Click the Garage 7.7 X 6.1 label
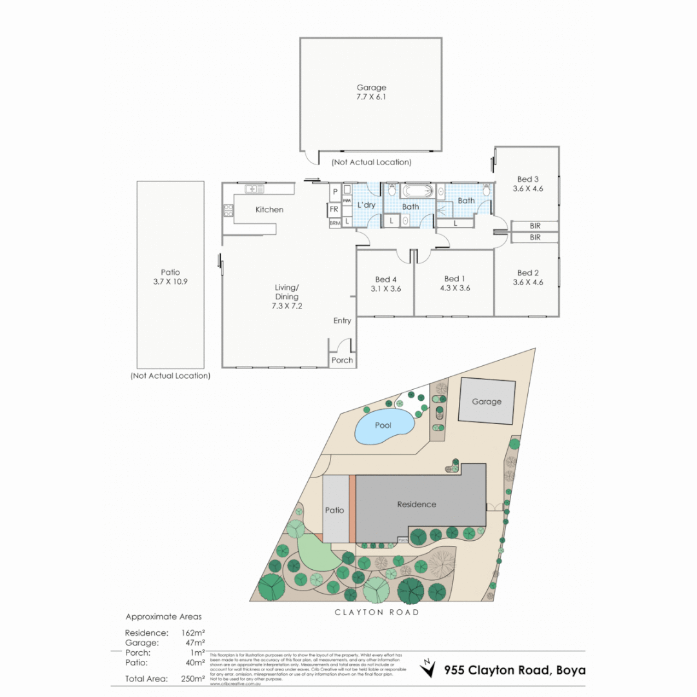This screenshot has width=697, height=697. pos(371,92)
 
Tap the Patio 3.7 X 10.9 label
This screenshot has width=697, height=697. pos(170,277)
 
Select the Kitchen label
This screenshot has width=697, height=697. pos(269,210)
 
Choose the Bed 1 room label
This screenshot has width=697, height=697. pos(454,284)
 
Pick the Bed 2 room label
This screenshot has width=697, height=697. pos(527,278)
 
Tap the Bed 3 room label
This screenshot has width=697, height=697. pos(527,184)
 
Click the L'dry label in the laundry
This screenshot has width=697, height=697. pos(366,205)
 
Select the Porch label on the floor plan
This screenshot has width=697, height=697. pos(342,360)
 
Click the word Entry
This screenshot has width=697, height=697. pos(342,321)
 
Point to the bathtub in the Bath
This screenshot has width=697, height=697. pos(419,192)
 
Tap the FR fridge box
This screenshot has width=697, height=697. pos(334,210)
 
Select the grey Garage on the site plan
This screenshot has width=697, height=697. pos(487,401)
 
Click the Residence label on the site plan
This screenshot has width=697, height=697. pos(416,504)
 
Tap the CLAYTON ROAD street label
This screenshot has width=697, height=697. pos(376,612)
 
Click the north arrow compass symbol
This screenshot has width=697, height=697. pos(427,667)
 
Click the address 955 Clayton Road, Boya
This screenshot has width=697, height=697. pos(514,670)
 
